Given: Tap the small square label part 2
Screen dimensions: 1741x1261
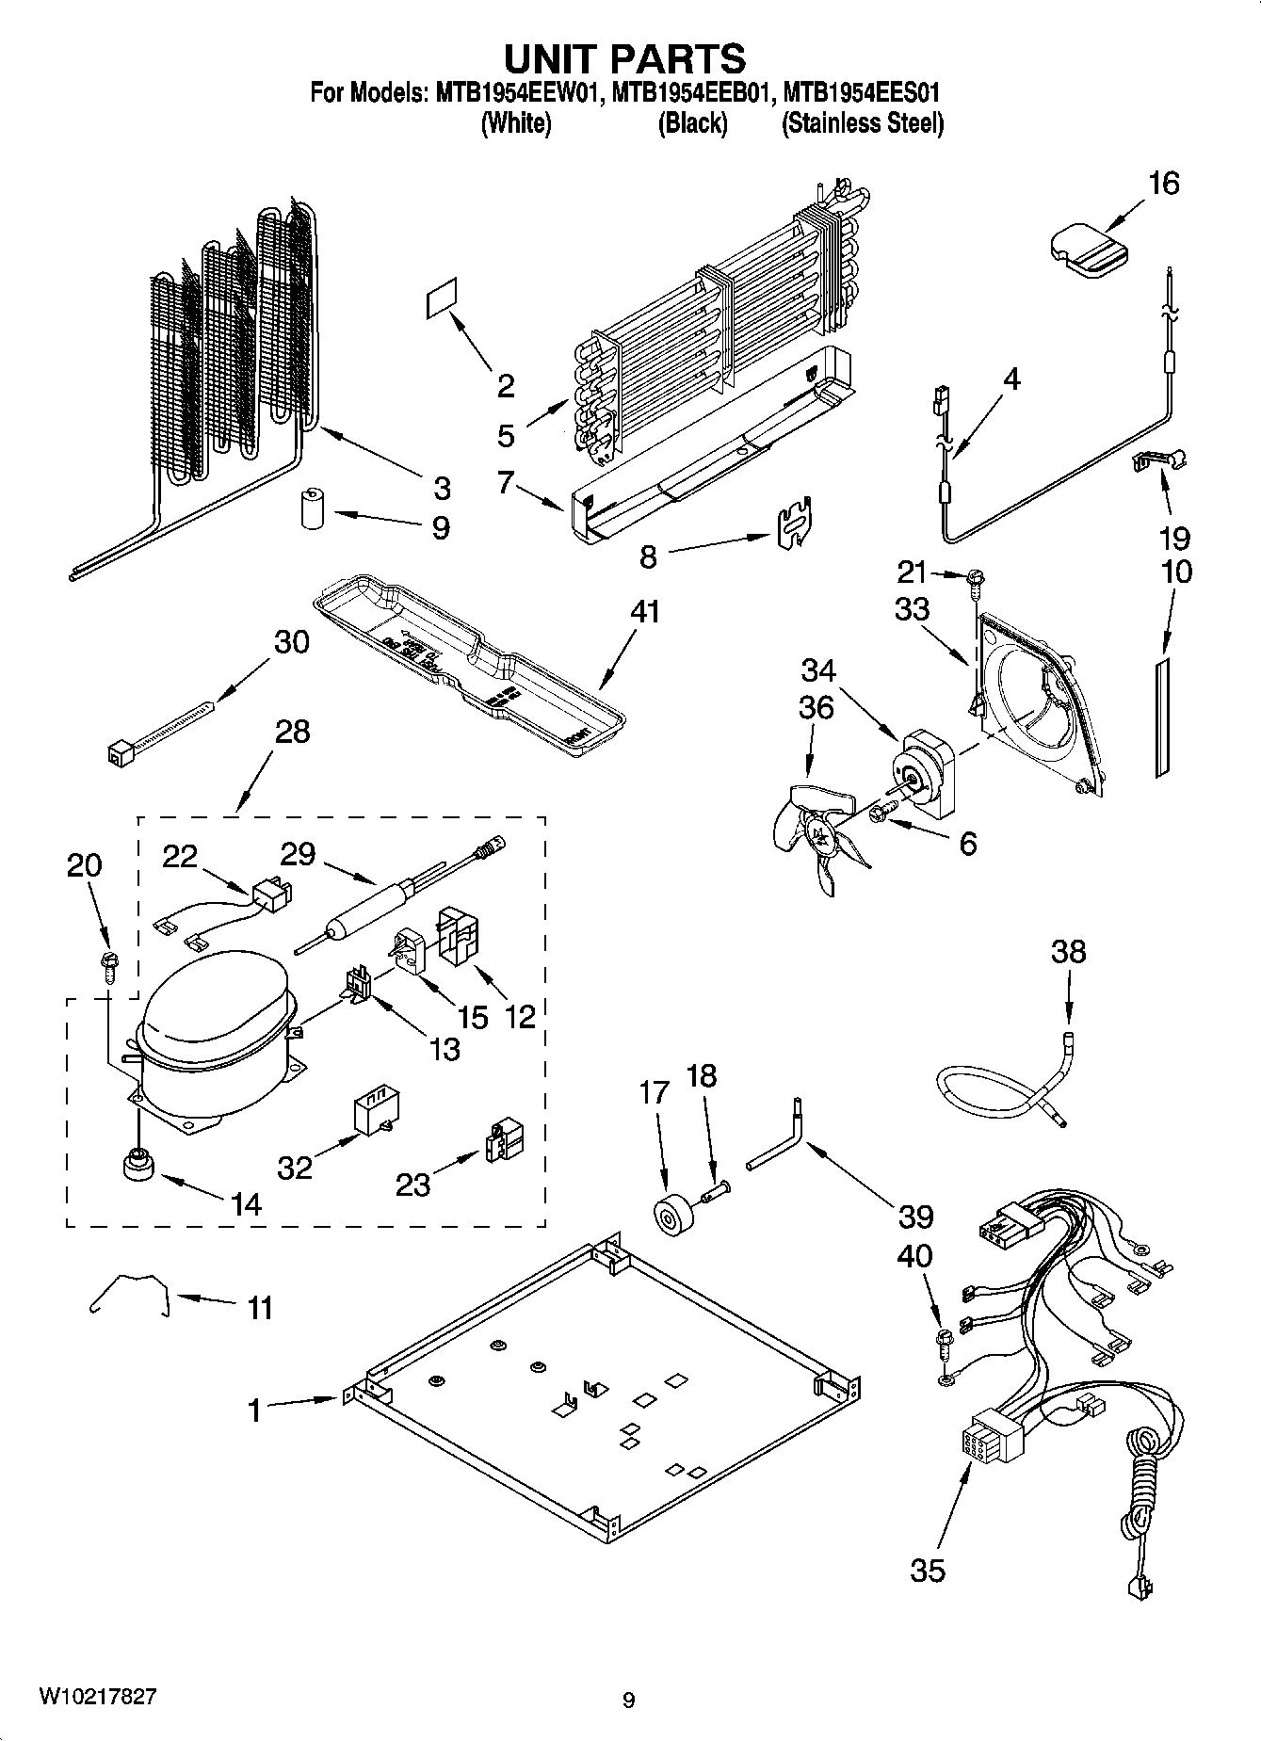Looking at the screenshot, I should tap(442, 298).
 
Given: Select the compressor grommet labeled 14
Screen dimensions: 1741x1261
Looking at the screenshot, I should tap(137, 1165).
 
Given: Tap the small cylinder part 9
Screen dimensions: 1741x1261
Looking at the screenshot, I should tap(312, 509).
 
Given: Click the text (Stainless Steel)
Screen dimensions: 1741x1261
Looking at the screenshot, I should tap(862, 123).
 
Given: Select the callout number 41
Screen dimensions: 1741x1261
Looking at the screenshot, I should tap(646, 612).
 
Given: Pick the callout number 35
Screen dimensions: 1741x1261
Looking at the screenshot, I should tap(928, 1570).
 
